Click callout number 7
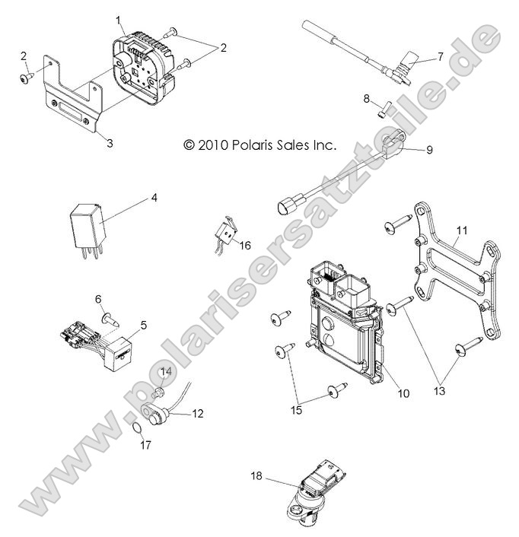coord(439,57)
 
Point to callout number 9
coord(428,150)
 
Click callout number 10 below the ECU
coord(403,393)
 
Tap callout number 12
coord(198,414)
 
